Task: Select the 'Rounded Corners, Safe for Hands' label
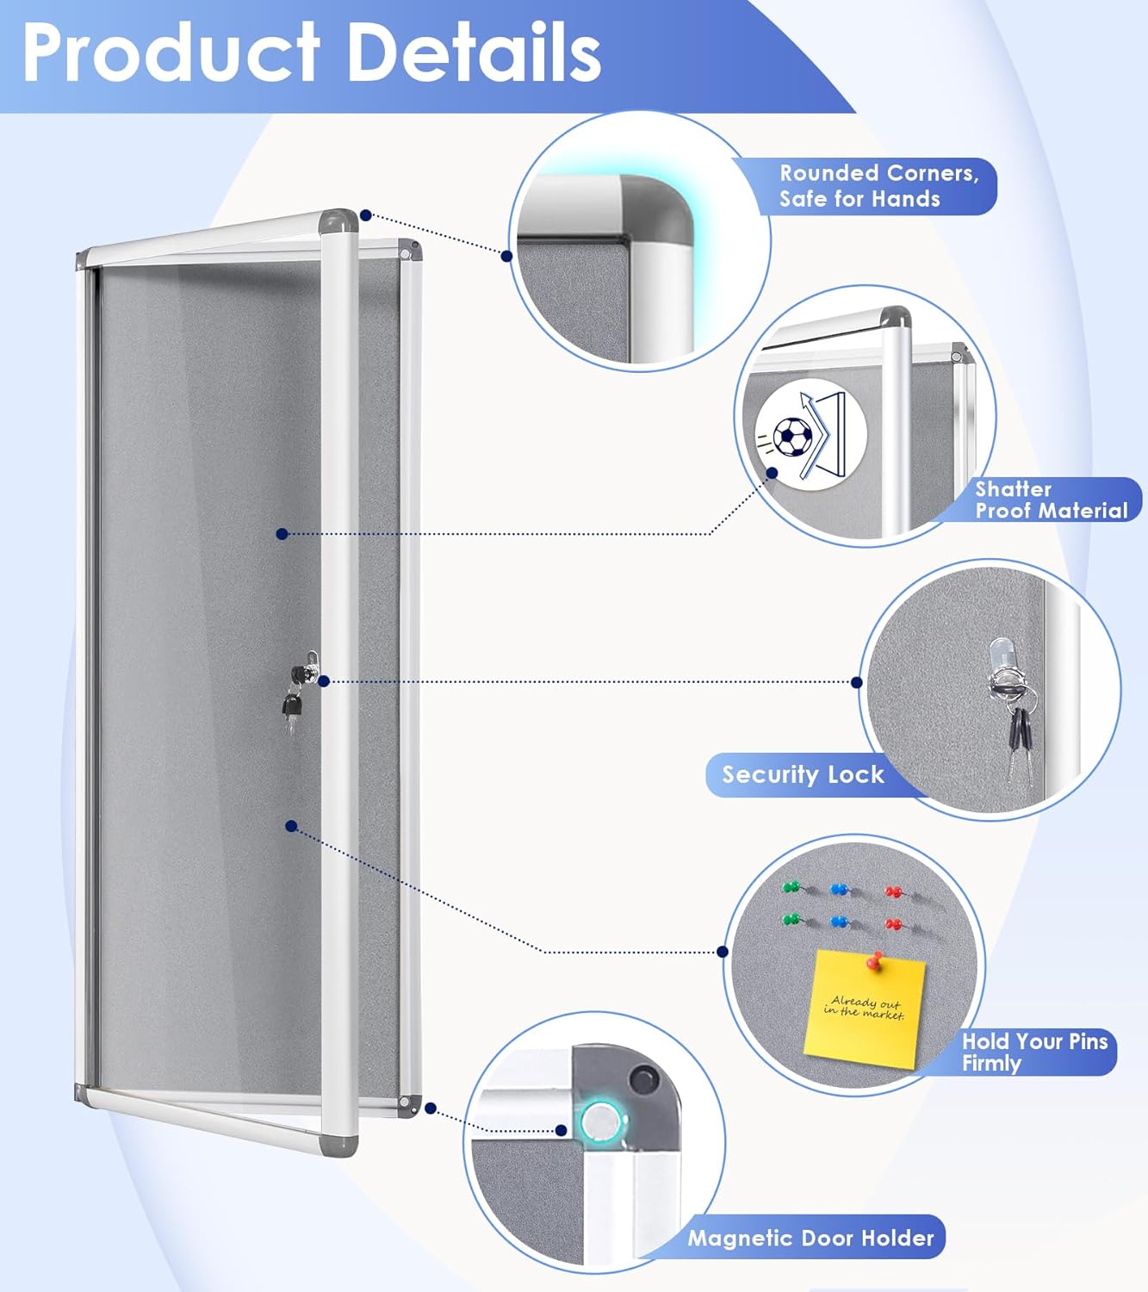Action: (x=878, y=186)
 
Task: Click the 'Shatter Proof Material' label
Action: (x=1050, y=500)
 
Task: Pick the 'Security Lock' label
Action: (x=803, y=774)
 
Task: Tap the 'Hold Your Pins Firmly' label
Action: (x=1033, y=1052)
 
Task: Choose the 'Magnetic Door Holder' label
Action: (x=810, y=1238)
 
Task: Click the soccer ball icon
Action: (x=791, y=437)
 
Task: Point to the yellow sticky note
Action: (x=864, y=1011)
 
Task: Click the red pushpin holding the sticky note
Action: (x=878, y=959)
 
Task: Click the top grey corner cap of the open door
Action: (x=338, y=221)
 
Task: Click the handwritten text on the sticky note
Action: (x=864, y=1008)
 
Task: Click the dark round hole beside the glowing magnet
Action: (x=642, y=1078)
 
